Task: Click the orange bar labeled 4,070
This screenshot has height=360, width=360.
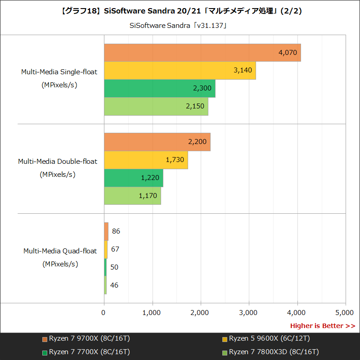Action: coord(202,53)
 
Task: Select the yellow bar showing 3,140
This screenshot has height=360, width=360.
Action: coord(180,71)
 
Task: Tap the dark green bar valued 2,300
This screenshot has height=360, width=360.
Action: coord(159,89)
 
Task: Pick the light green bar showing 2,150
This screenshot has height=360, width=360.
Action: coord(156,107)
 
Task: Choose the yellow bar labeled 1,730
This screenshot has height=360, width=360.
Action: coord(146,160)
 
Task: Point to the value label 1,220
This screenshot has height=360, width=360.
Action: coord(150,178)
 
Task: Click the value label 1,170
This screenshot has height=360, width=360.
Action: coord(148,196)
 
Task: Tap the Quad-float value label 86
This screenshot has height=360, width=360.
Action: coord(116,231)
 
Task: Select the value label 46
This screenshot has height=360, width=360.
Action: coord(114,285)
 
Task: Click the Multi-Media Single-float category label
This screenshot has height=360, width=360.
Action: coord(59,72)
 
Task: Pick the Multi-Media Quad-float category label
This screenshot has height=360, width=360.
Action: coord(60,251)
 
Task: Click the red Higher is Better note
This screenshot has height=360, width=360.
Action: coord(322,326)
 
